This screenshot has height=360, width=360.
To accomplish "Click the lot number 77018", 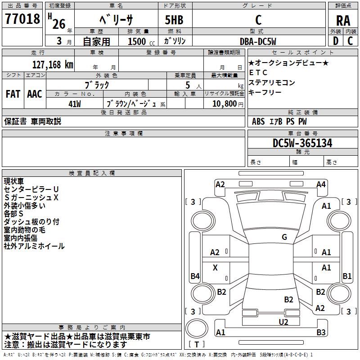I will point(22,20).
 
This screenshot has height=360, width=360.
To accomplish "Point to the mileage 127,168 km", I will point(53,64).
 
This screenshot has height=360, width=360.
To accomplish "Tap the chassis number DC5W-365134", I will point(302,143).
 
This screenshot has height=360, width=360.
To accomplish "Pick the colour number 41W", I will point(75,104).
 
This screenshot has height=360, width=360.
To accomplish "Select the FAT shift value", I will point(13,94).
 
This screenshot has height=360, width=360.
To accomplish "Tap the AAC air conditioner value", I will point(34,94).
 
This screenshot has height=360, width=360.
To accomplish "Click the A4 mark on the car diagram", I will point(321,184).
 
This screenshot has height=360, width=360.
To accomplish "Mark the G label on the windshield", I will point(284,237).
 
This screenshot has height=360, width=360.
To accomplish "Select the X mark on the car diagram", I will point(215,268).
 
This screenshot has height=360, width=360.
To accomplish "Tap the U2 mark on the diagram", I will point(283,321).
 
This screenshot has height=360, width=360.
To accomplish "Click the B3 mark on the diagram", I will point(321,333).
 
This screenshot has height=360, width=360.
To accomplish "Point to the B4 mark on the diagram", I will point(195,276).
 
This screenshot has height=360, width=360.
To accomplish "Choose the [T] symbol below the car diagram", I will point(197,345).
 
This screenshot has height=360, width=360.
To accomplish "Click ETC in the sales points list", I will point(258,73).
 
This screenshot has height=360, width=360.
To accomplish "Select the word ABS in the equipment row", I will point(258,121).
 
